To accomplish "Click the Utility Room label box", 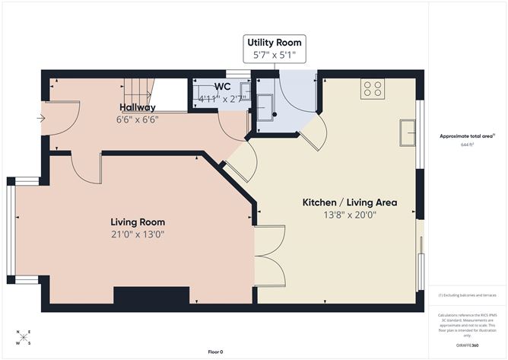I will click(275, 49).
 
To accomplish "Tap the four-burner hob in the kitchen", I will click(373, 88).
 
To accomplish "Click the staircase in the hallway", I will click(137, 94).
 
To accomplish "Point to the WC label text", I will click(222, 87).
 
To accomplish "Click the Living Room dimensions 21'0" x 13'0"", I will click(137, 234).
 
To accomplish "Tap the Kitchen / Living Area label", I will click(350, 202).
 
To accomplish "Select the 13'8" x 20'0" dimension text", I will click(350, 215).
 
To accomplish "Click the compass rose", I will click(24, 336).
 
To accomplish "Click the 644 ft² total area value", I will click(467, 144).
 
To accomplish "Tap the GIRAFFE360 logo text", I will click(467, 345).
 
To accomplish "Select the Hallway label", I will click(137, 107).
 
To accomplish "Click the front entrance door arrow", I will click(41, 118).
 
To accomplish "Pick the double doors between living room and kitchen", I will click(269, 256).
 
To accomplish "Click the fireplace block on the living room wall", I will click(151, 295).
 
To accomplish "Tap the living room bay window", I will click(11, 231).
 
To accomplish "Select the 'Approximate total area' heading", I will click(466, 136).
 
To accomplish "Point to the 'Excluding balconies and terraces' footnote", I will click(467, 295).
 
